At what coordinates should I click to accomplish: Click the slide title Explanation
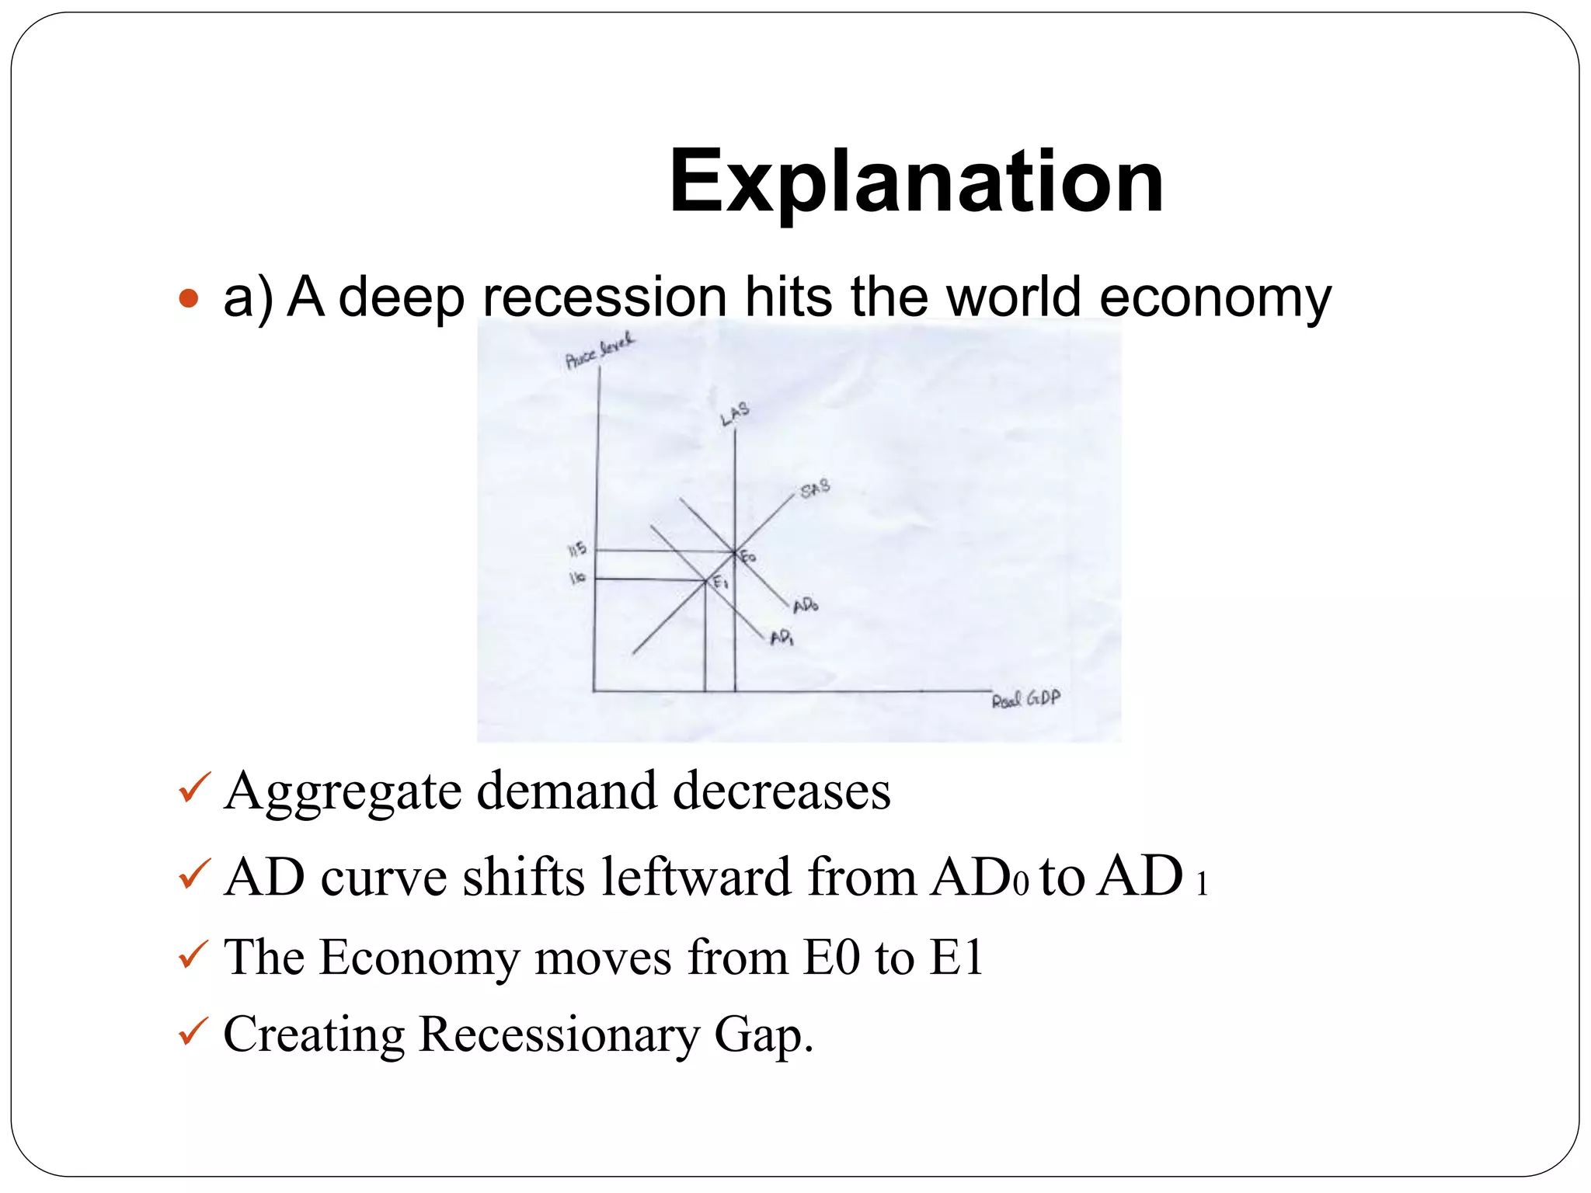click(916, 182)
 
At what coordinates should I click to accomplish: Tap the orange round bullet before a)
click(189, 297)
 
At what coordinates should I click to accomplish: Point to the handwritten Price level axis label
click(599, 351)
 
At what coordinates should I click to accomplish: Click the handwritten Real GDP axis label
click(1025, 699)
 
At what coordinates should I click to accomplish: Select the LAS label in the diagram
click(734, 414)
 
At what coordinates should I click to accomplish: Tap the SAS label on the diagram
click(815, 489)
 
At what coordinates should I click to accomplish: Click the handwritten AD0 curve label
click(806, 605)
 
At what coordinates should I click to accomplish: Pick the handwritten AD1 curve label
click(782, 638)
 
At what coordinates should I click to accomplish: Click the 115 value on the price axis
click(577, 550)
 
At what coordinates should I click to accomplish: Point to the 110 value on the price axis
click(577, 578)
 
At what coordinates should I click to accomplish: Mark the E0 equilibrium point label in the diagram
click(747, 557)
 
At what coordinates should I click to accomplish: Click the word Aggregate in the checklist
click(343, 793)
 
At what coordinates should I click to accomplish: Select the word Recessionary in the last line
click(559, 1035)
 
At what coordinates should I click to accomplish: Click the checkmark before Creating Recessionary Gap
click(193, 1033)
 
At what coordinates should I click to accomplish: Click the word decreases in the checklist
click(782, 791)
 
